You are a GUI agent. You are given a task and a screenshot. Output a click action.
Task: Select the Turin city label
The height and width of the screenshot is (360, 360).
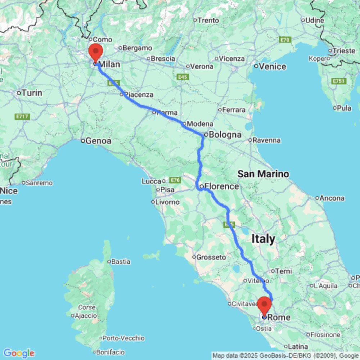pyautogui.click(x=32, y=93)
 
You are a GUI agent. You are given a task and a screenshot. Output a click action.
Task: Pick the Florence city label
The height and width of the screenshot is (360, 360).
pyautogui.click(x=221, y=186)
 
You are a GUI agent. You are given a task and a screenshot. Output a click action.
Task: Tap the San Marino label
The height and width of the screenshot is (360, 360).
pyautogui.click(x=263, y=174)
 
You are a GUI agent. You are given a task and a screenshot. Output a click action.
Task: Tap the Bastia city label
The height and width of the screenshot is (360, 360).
pyautogui.click(x=121, y=262)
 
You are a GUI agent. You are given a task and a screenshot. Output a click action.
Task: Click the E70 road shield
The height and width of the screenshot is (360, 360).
pyautogui.click(x=285, y=40)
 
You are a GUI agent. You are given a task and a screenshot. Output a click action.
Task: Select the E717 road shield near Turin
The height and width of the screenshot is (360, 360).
pyautogui.click(x=22, y=117)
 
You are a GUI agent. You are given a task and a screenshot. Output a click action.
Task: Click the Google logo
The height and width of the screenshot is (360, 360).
pyautogui.click(x=18, y=353)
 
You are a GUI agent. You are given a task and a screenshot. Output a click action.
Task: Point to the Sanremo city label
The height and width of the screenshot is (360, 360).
pyautogui.click(x=39, y=183)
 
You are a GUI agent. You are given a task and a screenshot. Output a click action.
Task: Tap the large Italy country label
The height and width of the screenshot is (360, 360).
pyautogui.click(x=263, y=239)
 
